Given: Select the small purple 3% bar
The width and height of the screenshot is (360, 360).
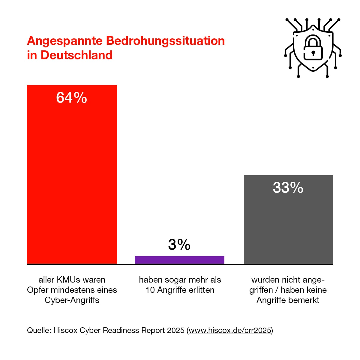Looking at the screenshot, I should [x=180, y=260].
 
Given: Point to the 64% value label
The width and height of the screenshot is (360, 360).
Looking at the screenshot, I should [x=72, y=98].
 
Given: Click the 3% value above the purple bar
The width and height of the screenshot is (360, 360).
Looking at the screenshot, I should [x=179, y=244].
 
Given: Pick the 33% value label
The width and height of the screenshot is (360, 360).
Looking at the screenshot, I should [x=288, y=188].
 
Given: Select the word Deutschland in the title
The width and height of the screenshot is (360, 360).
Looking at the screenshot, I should [x=76, y=55].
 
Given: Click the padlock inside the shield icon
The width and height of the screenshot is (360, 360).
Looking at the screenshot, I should [x=313, y=48].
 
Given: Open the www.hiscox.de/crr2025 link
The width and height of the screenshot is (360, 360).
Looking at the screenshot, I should [x=230, y=331].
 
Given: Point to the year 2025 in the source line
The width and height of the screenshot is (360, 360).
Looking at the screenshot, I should [x=175, y=331].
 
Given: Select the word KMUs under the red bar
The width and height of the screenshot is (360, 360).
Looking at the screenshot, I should [x=68, y=280].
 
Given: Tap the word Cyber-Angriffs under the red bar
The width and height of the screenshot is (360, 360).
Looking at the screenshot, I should [x=72, y=300].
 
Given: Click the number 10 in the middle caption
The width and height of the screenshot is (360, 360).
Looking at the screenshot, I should [x=150, y=290].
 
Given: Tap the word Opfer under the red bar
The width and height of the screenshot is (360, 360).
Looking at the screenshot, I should [x=38, y=290].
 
